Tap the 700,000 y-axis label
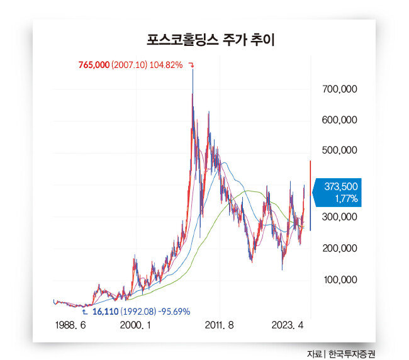340,90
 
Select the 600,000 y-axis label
340,120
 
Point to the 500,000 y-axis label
340,150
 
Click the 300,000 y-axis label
340,217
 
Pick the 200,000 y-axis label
340,248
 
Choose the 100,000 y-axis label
340,279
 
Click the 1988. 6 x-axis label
70,325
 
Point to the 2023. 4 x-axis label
288,325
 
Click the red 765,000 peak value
94,65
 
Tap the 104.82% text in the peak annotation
166,65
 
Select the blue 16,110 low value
106,312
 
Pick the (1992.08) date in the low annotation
138,312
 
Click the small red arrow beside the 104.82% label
191,65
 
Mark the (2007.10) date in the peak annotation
130,65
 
